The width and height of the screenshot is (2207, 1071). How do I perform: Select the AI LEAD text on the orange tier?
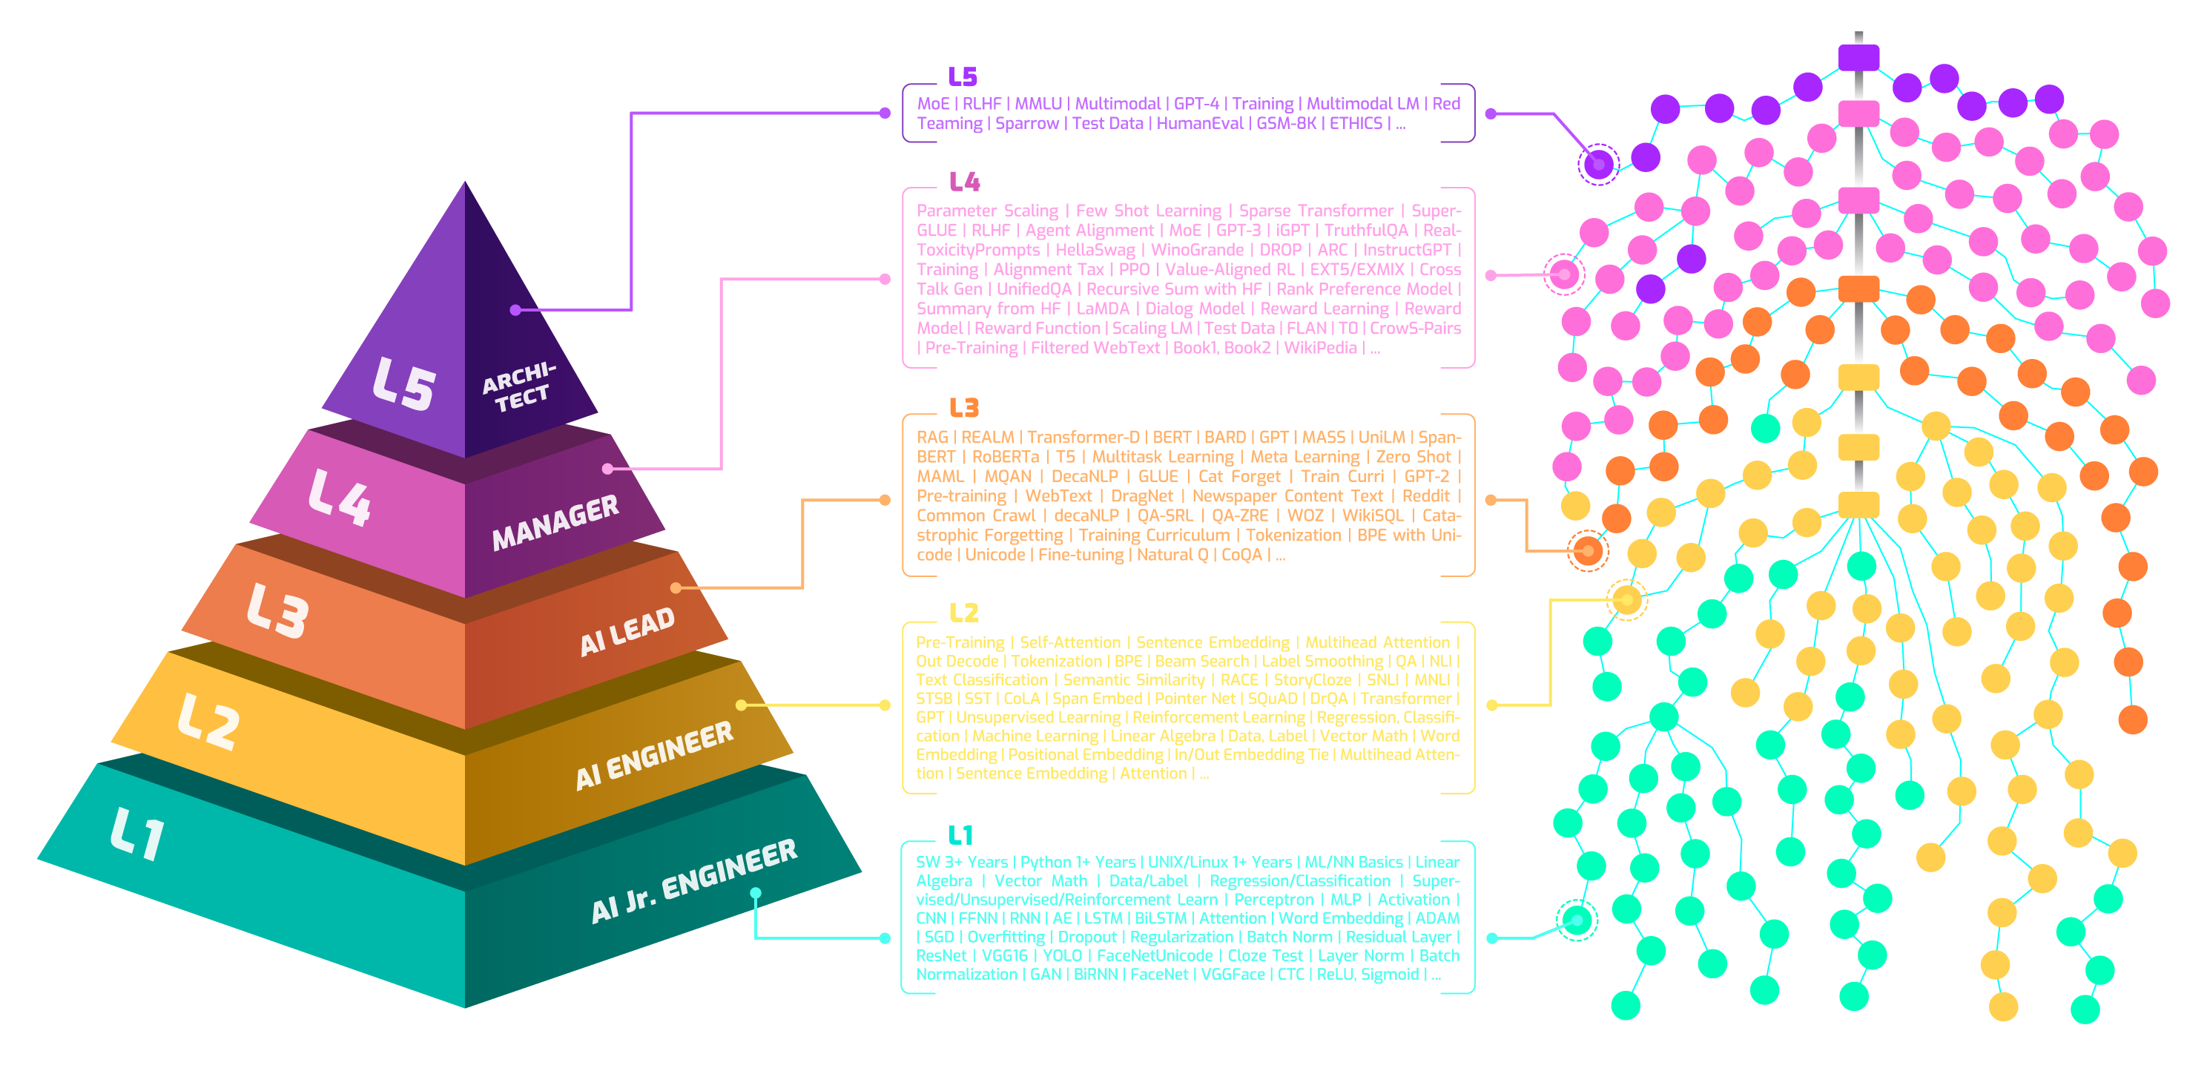pyautogui.click(x=627, y=630)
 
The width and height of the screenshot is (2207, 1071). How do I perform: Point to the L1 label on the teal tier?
pyautogui.click(x=138, y=833)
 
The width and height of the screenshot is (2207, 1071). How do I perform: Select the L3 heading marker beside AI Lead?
pyautogui.click(x=964, y=408)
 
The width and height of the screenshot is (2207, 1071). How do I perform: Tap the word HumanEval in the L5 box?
pyautogui.click(x=1199, y=123)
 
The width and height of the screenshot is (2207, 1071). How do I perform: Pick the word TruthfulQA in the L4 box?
pyautogui.click(x=1366, y=231)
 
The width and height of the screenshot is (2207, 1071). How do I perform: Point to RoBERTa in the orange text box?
pyautogui.click(x=1005, y=457)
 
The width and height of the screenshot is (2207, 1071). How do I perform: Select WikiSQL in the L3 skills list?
pyautogui.click(x=1373, y=515)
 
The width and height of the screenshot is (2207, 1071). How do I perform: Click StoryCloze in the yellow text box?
pyautogui.click(x=1312, y=679)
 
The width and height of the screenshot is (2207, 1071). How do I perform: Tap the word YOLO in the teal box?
pyautogui.click(x=1063, y=955)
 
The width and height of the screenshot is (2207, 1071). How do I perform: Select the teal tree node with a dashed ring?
pyautogui.click(x=1577, y=920)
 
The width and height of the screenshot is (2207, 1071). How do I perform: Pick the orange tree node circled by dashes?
pyautogui.click(x=1588, y=550)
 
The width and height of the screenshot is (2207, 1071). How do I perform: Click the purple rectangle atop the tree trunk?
pyautogui.click(x=1858, y=59)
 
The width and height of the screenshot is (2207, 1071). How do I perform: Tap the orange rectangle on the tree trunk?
pyautogui.click(x=1858, y=289)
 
